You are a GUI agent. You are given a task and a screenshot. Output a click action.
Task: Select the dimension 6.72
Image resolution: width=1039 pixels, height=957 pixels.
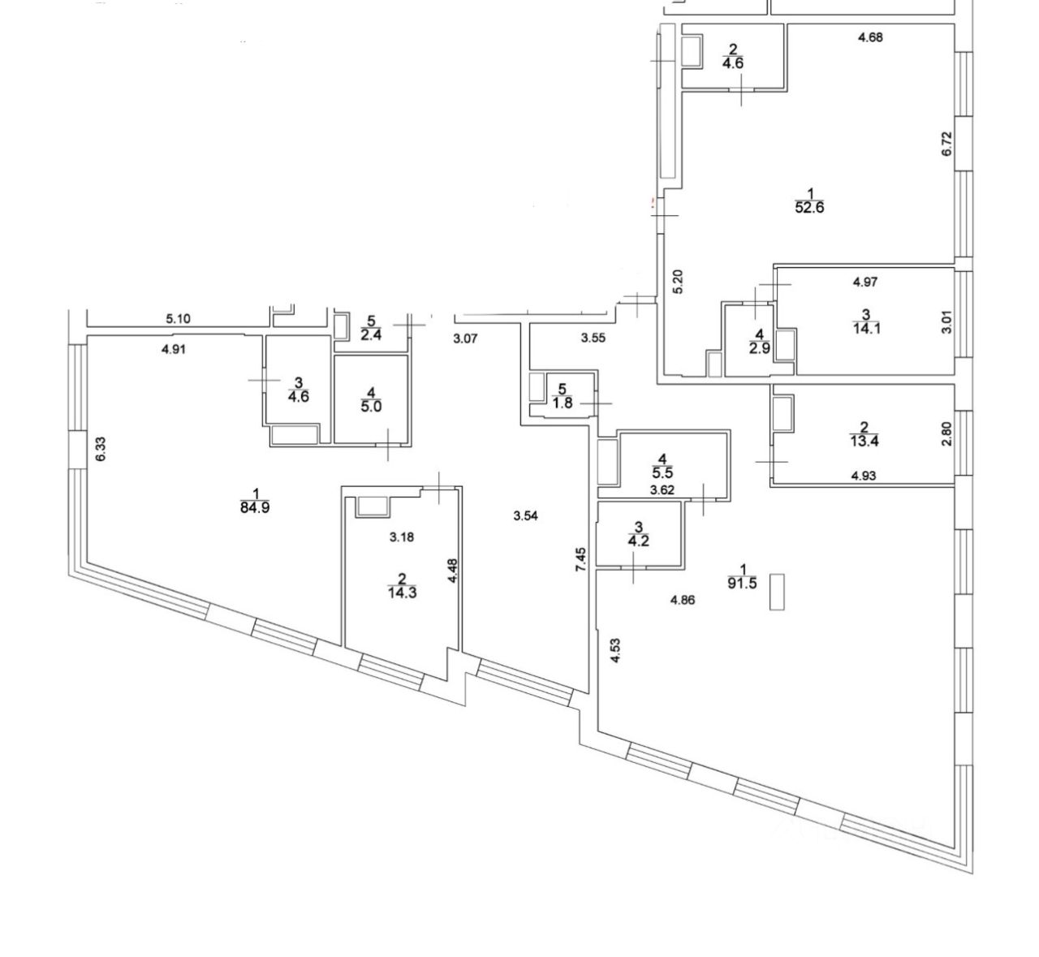(946, 144)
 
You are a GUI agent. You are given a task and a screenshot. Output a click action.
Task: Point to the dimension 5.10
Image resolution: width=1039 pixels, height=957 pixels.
(178, 319)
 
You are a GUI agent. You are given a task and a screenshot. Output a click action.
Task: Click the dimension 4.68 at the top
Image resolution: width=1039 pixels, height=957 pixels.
(870, 37)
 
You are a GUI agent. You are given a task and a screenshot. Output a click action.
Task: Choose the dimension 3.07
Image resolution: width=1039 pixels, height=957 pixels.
(466, 338)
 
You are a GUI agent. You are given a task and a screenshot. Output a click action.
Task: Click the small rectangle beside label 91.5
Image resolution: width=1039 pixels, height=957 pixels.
(777, 592)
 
